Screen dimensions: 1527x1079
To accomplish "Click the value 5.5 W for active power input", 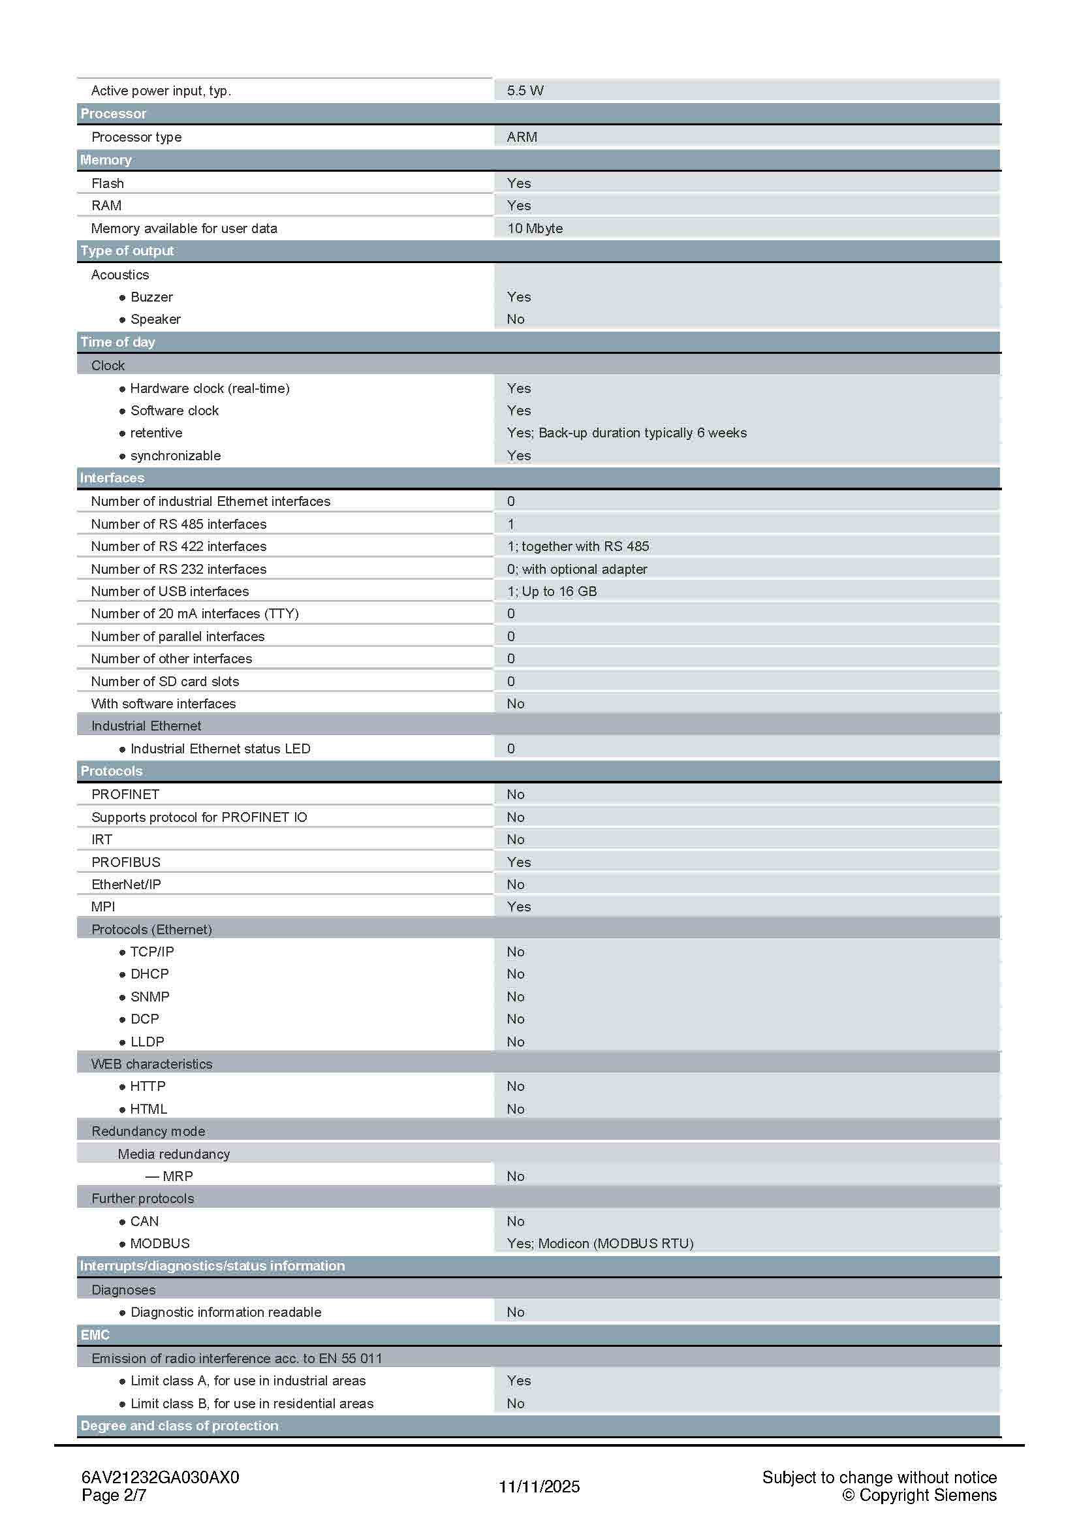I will point(525,91).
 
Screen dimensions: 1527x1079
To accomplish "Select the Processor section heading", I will point(113,114).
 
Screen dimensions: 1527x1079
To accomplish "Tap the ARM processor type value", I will point(522,137).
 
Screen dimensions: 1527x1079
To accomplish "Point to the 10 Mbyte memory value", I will point(535,228).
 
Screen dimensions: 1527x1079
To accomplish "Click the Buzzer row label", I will point(151,296).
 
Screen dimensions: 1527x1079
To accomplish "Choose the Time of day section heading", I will point(117,342).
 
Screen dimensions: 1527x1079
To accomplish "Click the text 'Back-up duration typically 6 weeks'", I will point(642,433).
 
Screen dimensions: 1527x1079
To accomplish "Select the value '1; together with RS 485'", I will point(578,546).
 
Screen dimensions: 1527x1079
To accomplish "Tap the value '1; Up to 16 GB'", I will point(552,591).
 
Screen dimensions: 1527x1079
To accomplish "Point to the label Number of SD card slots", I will point(165,681).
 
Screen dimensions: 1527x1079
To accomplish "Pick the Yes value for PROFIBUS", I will point(518,862).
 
